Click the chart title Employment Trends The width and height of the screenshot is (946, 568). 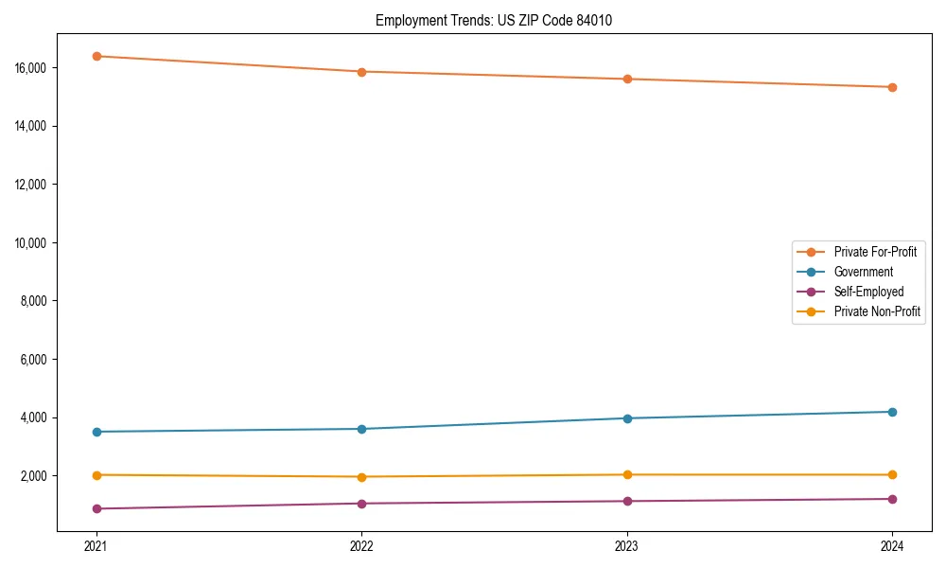(x=493, y=20)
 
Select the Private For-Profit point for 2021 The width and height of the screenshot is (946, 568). (x=96, y=56)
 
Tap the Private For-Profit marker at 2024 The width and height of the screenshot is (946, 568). (x=892, y=87)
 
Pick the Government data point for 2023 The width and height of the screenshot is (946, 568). (x=627, y=418)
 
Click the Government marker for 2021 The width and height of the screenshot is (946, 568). (x=96, y=432)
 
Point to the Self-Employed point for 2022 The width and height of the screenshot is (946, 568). (x=361, y=504)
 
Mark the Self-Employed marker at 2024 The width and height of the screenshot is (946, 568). (x=892, y=499)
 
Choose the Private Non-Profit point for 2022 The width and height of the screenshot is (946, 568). (x=361, y=477)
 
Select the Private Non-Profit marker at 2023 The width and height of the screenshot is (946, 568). (x=627, y=475)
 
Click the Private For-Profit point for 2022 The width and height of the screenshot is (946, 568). (x=361, y=72)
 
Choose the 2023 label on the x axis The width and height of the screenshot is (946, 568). (x=627, y=546)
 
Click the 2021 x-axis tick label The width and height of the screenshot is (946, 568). (x=96, y=546)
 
